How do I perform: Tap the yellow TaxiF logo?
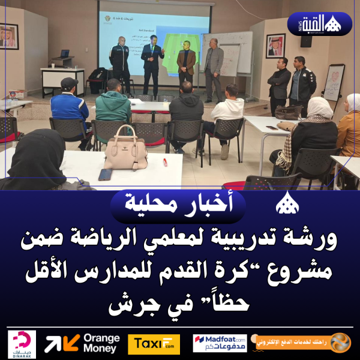(154, 344)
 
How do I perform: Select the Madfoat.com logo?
(220, 343)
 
